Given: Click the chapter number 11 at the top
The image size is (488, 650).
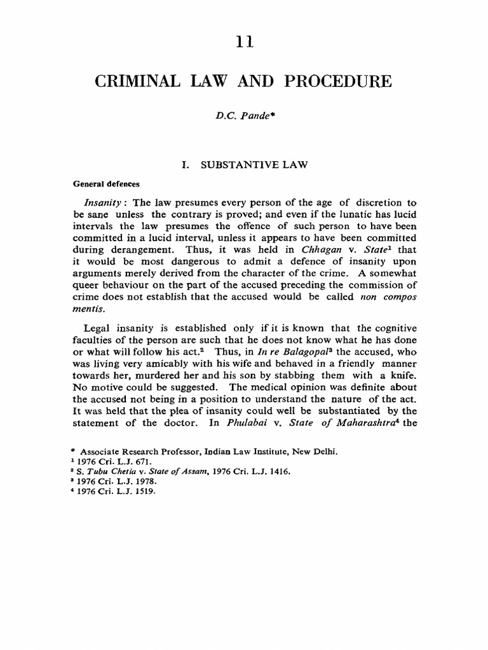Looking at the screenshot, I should click(243, 41).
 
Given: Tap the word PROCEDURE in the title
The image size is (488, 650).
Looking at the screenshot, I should click(344, 82).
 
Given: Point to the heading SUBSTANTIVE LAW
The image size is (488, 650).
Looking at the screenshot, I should click(254, 165).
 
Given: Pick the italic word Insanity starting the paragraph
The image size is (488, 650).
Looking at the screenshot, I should click(104, 202).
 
